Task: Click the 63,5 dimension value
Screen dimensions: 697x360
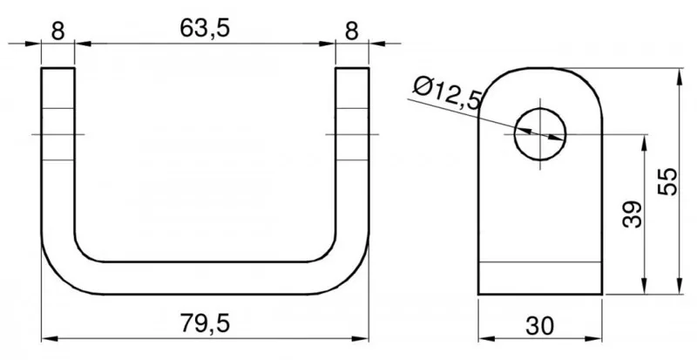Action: coord(205,29)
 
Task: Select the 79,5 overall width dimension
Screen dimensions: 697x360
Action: coord(205,323)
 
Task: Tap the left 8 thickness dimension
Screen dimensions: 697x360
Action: coord(58,31)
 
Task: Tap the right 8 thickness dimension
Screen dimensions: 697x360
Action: coord(352,31)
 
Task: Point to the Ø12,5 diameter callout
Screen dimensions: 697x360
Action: coord(448,93)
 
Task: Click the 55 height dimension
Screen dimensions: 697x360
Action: coord(667,181)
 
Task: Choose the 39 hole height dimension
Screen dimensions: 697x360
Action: coord(633,214)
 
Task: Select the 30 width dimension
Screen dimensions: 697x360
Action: coord(539,326)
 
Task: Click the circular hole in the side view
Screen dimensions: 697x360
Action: coord(540,133)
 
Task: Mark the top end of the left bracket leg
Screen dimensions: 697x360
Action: coord(58,68)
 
